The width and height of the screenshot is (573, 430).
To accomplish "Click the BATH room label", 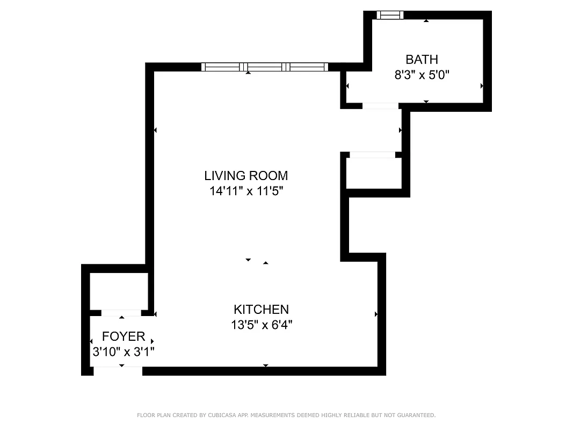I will pos(422,59).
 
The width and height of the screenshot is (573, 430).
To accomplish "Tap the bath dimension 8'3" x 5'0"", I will pos(422,75).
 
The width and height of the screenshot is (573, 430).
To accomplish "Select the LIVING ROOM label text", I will pos(246,175).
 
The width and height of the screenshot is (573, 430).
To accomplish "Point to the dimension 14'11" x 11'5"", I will pos(246,191).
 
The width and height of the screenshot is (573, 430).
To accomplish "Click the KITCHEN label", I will pos(261,310).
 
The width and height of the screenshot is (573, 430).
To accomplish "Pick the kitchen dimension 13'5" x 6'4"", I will pos(261,325).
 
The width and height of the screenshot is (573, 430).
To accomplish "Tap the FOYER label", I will pos(124,336).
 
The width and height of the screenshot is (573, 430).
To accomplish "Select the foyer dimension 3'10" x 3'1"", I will pos(124,352).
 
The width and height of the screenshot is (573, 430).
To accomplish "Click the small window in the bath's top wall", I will pos(389,15).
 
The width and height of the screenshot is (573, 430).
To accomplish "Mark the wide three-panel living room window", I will pos(264,67).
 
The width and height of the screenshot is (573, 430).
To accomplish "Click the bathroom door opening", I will pos(380,106).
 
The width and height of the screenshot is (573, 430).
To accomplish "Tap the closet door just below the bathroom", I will pos(372,155).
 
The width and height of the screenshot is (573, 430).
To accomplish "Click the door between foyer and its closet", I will pos(121,313).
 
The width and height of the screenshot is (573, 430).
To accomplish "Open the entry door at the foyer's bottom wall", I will pos(118,370).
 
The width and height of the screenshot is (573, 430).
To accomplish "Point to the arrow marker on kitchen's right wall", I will pos(376,314).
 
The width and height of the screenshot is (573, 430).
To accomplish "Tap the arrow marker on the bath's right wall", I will pos(482,86).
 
